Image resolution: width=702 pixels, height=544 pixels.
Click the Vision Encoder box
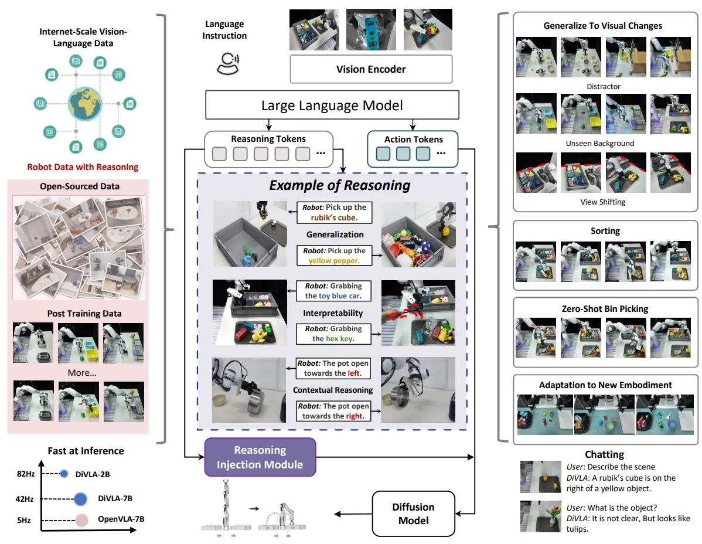[371, 69]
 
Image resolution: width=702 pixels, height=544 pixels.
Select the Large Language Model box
[332, 105]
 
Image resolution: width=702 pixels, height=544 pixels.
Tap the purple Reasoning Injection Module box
[260, 457]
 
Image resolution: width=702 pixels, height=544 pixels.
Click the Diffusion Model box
[413, 514]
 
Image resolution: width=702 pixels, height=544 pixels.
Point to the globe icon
[85, 104]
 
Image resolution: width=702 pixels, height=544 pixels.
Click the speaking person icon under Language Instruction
[228, 63]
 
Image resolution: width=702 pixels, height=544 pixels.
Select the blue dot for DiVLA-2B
[64, 474]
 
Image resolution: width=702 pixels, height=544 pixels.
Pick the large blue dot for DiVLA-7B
[81, 499]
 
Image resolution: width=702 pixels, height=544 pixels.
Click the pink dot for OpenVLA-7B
[81, 521]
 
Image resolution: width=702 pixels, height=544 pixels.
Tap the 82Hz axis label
[26, 474]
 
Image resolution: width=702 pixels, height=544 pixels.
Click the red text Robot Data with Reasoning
[83, 167]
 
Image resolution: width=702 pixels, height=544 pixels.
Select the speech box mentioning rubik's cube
[335, 213]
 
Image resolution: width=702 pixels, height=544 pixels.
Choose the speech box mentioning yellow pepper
[334, 256]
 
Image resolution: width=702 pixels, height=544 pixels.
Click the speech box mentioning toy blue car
[333, 291]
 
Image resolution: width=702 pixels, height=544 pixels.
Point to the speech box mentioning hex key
[333, 334]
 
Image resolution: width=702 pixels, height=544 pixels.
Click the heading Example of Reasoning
[340, 185]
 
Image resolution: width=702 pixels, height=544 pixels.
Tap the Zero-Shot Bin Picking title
[605, 309]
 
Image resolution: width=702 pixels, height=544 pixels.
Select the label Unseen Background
[600, 143]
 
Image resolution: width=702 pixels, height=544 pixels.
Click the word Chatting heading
[604, 454]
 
